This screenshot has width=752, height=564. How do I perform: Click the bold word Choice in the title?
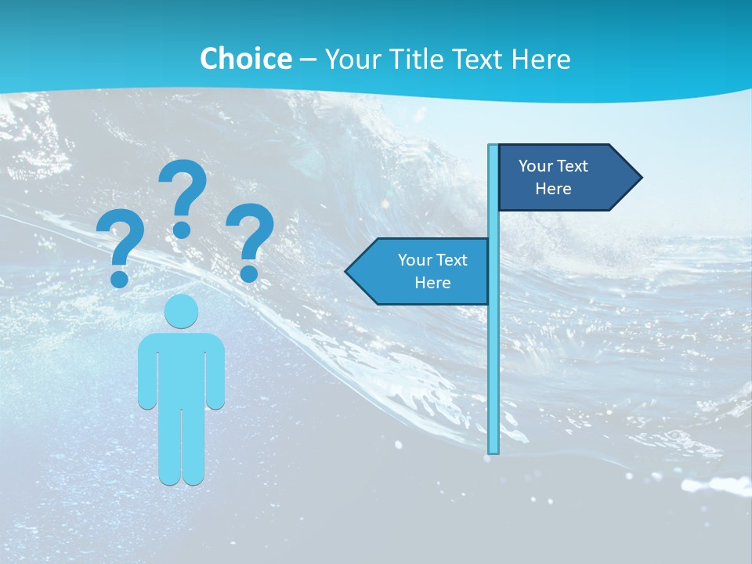click(x=245, y=59)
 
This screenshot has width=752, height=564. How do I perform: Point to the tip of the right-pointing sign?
click(x=640, y=178)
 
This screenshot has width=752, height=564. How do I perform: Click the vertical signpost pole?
click(x=493, y=352)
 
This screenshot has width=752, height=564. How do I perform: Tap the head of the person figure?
click(x=181, y=310)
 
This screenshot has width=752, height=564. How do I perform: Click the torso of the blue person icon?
click(x=181, y=368)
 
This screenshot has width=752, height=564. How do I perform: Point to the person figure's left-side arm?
click(x=146, y=372)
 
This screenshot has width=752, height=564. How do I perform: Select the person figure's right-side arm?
click(x=215, y=372)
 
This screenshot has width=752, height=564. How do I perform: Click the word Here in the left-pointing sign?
click(x=432, y=283)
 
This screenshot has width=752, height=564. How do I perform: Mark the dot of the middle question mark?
click(x=182, y=230)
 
